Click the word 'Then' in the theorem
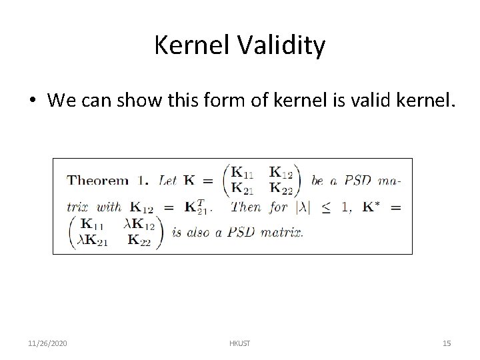[x=245, y=207]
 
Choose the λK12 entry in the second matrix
[x=140, y=227]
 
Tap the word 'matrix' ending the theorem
[x=281, y=233]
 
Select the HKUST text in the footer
[x=239, y=343]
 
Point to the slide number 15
[x=447, y=343]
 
